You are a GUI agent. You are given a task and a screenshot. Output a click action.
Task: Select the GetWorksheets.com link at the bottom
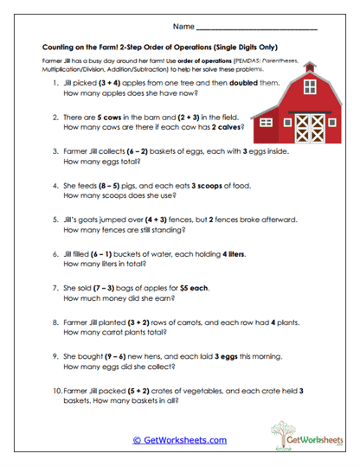click(x=180, y=440)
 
